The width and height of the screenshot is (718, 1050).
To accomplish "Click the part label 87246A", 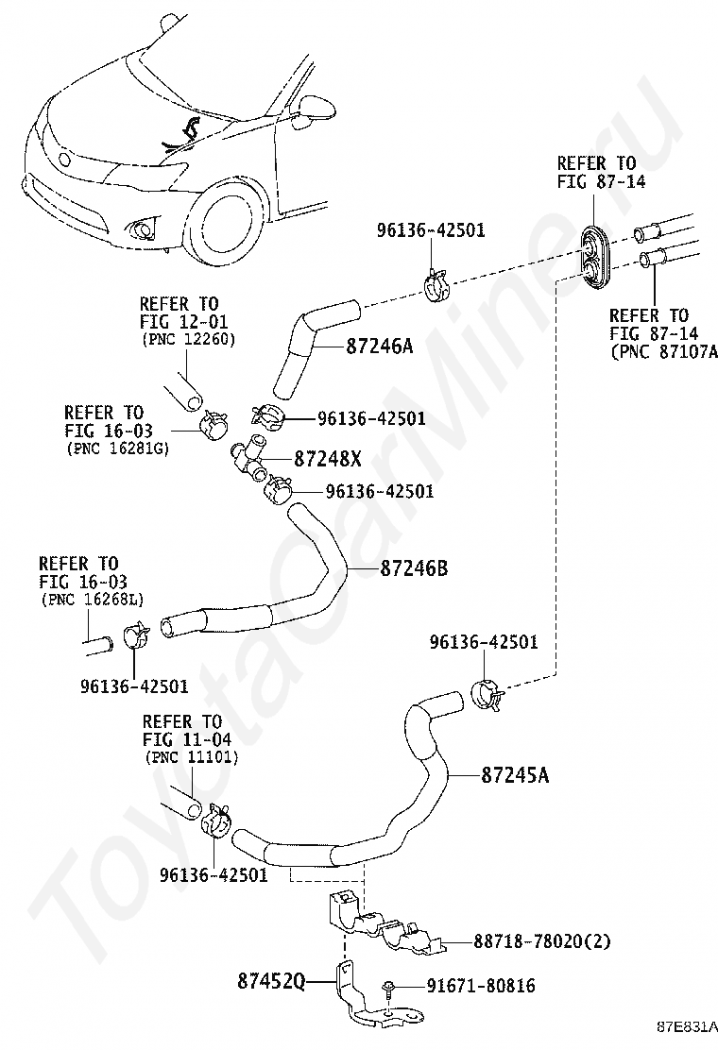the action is [380, 347].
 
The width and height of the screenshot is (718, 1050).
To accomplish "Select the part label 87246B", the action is [414, 568].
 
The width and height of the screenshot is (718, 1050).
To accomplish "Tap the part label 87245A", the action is [515, 775].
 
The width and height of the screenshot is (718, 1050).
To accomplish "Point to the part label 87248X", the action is [328, 459].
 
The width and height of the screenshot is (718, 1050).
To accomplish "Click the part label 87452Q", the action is [271, 982].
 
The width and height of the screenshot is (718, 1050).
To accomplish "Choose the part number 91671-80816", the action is [482, 986].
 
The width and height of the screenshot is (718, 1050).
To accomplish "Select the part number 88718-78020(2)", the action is [542, 940].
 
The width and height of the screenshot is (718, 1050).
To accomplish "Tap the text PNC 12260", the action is [188, 340].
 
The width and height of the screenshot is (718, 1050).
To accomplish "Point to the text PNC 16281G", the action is [117, 449].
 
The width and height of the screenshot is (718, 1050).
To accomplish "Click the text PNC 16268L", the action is [92, 600].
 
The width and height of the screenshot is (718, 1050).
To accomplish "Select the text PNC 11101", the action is [192, 757].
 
